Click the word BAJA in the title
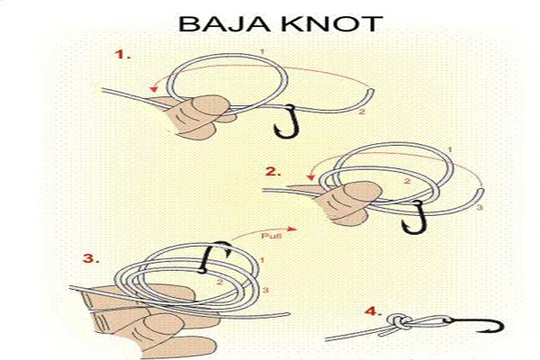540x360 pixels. click(224, 23)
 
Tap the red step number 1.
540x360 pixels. click(122, 54)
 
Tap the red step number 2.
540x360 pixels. click(273, 171)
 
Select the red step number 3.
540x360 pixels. click(91, 258)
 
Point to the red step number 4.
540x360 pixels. click(373, 311)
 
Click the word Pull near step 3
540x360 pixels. click(272, 236)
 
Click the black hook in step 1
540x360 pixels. click(289, 122)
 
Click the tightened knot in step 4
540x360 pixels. click(400, 322)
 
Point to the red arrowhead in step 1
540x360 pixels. click(154, 89)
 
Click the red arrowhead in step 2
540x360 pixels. click(311, 176)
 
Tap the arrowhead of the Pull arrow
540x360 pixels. click(292, 229)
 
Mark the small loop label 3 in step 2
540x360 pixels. click(480, 207)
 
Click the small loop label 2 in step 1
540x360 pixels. click(361, 112)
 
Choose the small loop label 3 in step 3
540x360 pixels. click(265, 291)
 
